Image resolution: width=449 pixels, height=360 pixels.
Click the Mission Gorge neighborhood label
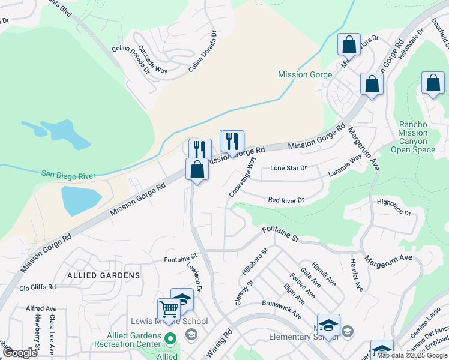pos(304,74)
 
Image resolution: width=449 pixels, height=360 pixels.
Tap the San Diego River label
pos(68,175)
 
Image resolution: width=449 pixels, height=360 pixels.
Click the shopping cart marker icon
pos(169,310)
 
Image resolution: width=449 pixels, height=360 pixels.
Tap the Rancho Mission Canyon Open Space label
pos(413,137)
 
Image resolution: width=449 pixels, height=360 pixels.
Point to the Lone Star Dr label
pos(288,168)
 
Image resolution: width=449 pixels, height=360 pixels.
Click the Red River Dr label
pos(286,200)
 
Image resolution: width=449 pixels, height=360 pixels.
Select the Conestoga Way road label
pos(243,176)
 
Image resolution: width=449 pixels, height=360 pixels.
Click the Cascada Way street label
pos(152,59)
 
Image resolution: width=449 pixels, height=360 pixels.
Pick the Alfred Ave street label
pos(41,308)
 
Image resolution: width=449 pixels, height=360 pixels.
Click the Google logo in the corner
pos(20,353)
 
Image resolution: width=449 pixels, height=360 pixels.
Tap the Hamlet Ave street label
pos(357,274)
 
